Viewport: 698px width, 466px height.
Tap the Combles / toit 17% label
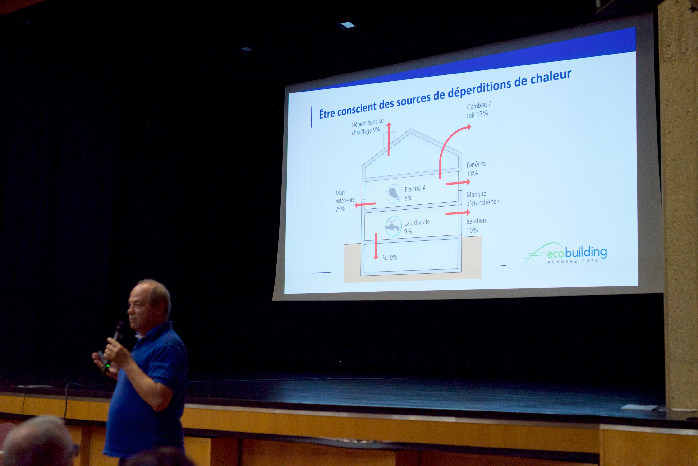tap(478, 110)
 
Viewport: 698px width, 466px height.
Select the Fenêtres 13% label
tap(476, 169)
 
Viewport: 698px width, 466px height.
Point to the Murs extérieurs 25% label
tap(345, 201)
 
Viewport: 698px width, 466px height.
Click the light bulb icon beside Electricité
tap(394, 194)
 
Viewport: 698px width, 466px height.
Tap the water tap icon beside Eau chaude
tap(393, 226)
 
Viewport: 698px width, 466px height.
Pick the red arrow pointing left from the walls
tap(365, 204)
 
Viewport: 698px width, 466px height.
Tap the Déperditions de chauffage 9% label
tap(367, 127)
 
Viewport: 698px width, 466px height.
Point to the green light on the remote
tap(108, 366)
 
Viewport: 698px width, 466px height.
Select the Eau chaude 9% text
tap(417, 227)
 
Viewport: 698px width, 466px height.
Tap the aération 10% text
tap(476, 226)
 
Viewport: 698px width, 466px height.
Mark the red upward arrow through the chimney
tap(389, 139)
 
